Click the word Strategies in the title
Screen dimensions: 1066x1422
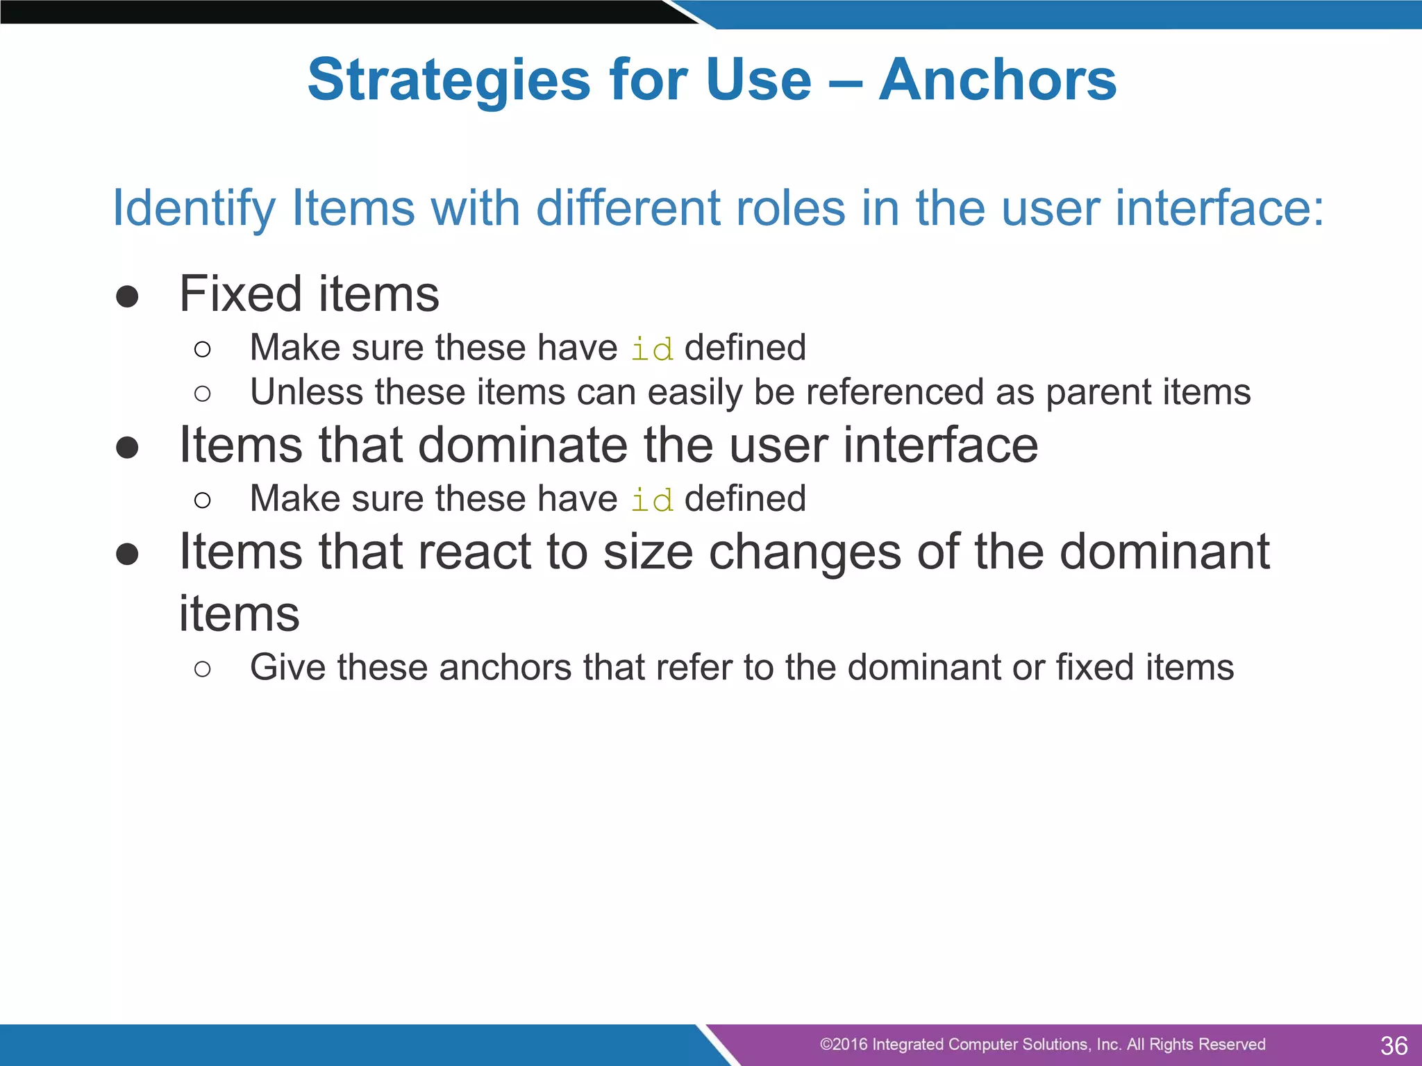point(449,81)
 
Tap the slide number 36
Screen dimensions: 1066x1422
point(1394,1045)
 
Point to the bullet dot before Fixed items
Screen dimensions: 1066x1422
point(127,296)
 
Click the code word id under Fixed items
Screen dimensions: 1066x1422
point(651,349)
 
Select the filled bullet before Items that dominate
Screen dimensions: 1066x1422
point(127,448)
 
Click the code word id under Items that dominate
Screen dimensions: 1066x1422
point(651,500)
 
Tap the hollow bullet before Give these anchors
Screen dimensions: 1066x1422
point(202,669)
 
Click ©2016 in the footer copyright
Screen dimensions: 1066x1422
point(843,1044)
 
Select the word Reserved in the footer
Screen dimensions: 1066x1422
point(1231,1044)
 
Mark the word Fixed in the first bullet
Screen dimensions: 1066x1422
point(241,294)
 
